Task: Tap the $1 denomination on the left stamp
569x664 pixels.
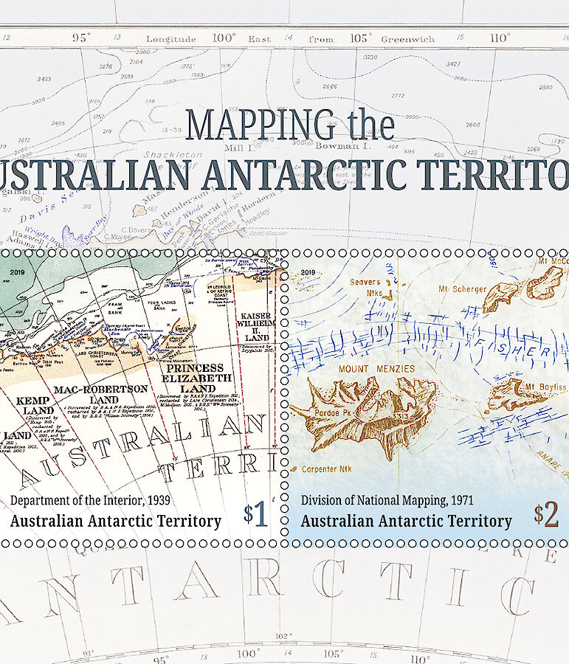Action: click(257, 514)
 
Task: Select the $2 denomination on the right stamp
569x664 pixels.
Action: click(547, 515)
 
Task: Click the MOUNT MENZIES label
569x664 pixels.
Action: click(376, 368)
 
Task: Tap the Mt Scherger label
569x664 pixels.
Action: click(463, 288)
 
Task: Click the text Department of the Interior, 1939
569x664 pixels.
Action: click(94, 500)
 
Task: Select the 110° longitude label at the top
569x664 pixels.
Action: click(500, 38)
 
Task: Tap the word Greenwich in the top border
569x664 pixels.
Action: click(408, 38)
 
